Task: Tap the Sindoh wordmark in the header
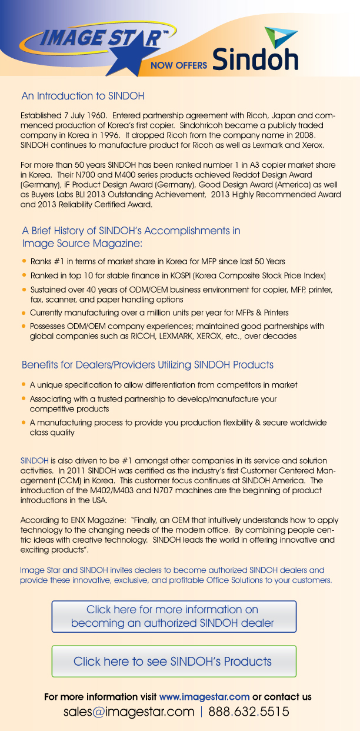[x=255, y=59]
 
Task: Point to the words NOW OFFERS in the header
[x=179, y=65]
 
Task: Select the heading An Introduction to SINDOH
[x=82, y=95]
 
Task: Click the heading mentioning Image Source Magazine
[x=131, y=237]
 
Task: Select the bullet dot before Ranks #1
[x=24, y=261]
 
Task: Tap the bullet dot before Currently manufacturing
[x=24, y=313]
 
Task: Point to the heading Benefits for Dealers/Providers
[x=147, y=365]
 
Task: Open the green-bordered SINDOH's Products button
[x=174, y=661]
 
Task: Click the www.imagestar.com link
[x=204, y=697]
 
